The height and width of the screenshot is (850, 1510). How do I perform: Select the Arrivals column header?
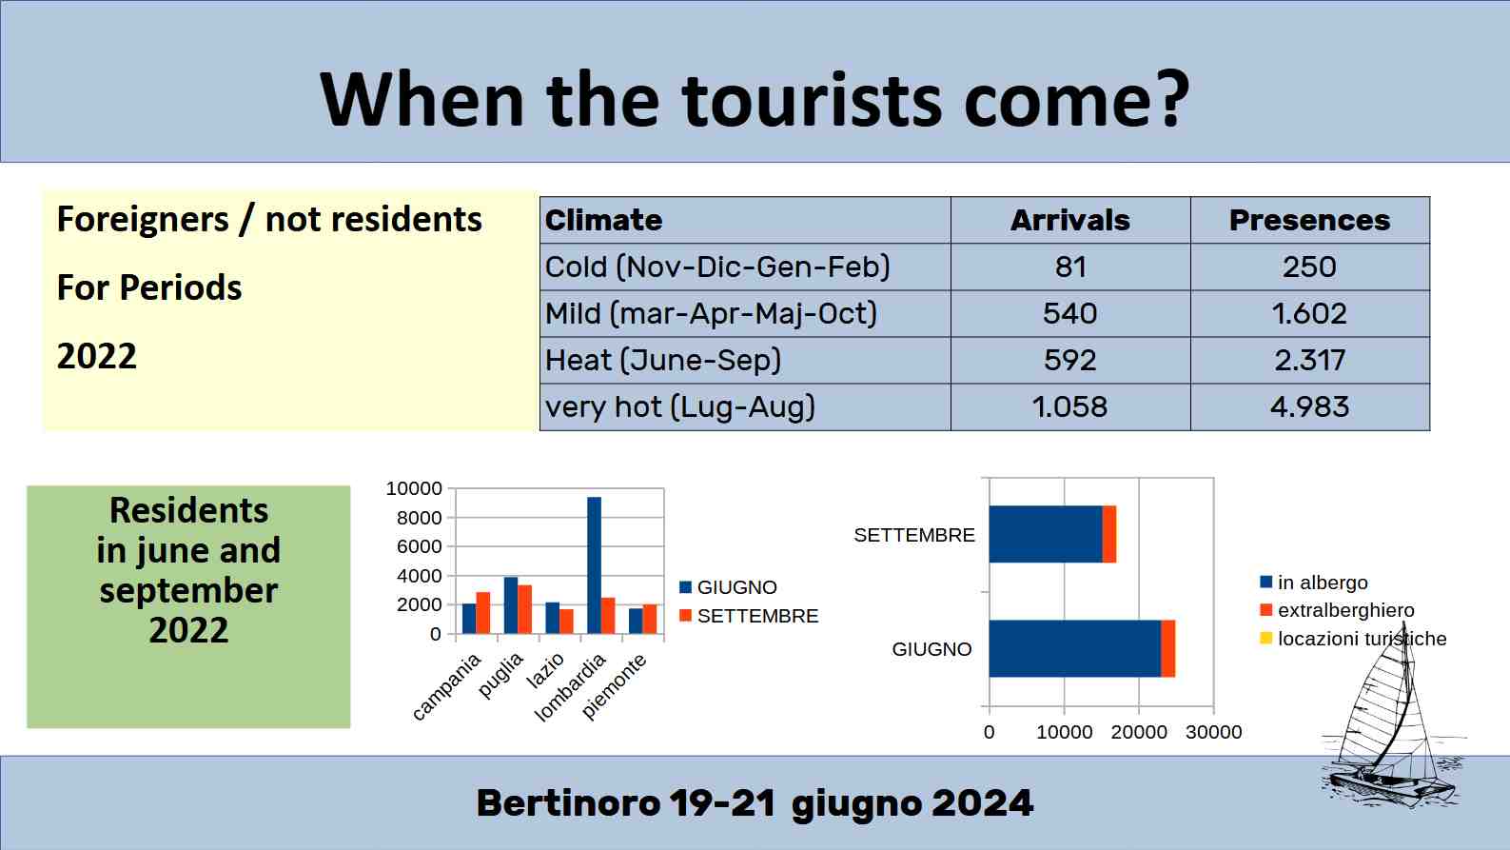click(1069, 220)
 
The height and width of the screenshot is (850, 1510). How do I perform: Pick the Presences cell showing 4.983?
click(1309, 406)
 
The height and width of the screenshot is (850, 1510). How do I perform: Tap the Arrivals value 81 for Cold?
click(1069, 267)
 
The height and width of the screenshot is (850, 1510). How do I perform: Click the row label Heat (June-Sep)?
click(662, 360)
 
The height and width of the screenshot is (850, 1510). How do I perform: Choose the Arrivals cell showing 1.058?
click(1069, 406)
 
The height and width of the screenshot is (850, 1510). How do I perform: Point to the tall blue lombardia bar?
click(594, 565)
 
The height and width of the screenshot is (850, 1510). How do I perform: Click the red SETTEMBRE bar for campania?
click(482, 613)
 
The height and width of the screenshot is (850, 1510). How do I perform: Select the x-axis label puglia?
click(500, 675)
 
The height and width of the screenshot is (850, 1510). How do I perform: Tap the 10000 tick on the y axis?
click(414, 488)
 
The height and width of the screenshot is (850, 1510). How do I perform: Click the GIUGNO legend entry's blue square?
click(686, 587)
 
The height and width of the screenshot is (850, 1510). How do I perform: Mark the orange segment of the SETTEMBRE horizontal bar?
click(1108, 534)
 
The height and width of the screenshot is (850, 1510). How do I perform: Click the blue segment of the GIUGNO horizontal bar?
click(1074, 648)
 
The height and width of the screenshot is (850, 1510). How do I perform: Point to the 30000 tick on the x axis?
click(1213, 732)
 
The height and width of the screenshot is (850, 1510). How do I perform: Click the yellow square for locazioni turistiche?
click(1265, 638)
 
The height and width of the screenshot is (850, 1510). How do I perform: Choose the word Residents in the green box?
click(188, 510)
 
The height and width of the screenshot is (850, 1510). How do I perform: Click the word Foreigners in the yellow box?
click(143, 220)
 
